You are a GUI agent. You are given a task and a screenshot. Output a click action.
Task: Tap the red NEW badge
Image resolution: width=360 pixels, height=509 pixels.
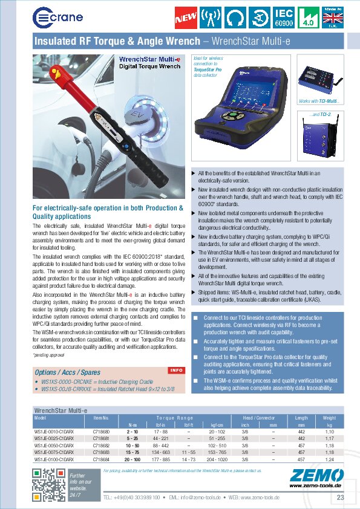pyautogui.click(x=186, y=17)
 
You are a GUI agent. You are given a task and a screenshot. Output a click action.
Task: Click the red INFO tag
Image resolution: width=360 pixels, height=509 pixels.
pyautogui.click(x=176, y=370)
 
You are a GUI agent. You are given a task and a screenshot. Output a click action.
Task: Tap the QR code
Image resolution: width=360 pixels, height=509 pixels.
pyautogui.click(x=48, y=484)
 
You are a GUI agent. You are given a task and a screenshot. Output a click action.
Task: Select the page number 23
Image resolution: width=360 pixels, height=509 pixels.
pyautogui.click(x=340, y=497)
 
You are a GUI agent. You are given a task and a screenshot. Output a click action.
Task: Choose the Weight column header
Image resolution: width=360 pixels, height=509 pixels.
pyautogui.click(x=329, y=418)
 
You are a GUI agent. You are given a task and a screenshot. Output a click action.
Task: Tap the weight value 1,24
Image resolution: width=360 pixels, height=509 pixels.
pyautogui.click(x=329, y=459)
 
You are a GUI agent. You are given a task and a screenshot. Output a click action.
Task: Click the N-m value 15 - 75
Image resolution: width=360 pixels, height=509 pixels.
pyautogui.click(x=132, y=452)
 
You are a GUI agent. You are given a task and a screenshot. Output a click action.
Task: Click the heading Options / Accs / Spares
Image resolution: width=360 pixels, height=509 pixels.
pyautogui.click(x=67, y=372)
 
